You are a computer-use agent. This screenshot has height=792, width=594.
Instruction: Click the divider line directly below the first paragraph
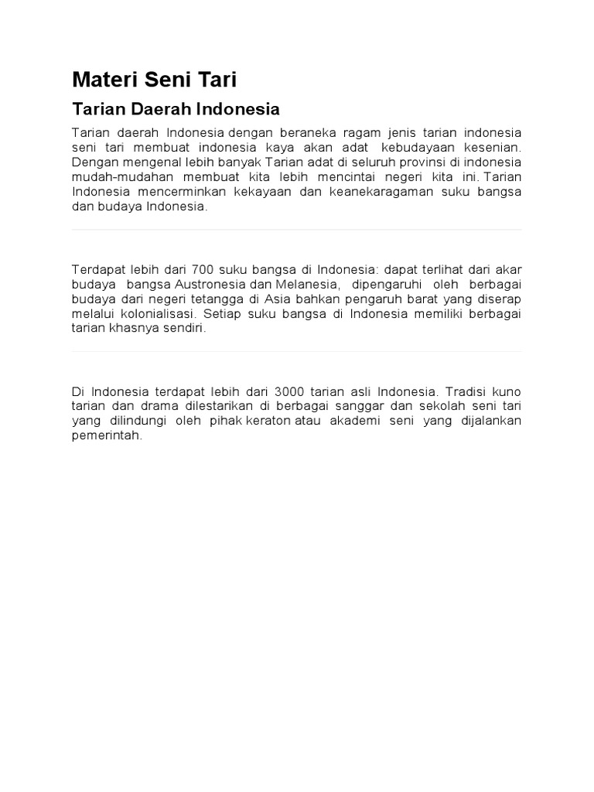[x=297, y=230]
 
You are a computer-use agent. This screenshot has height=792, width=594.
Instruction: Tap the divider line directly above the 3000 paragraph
[x=297, y=352]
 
